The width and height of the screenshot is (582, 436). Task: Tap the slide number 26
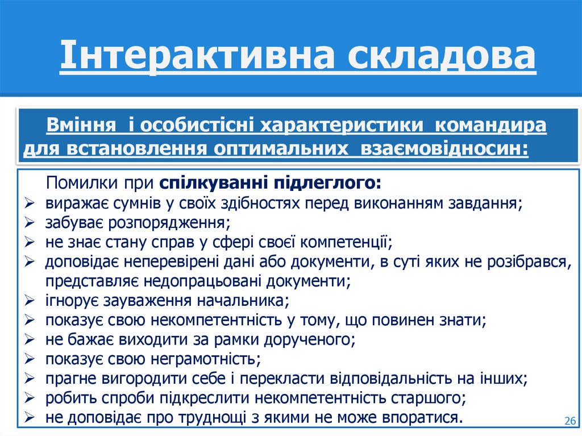pyautogui.click(x=569, y=421)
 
